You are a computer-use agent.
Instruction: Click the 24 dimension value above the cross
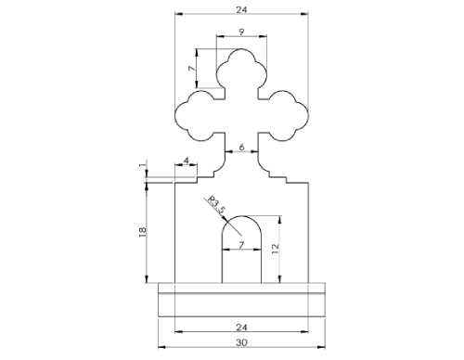pos(241,9)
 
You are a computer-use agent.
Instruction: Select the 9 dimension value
pos(241,32)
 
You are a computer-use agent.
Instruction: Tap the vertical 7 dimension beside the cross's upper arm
pos(191,70)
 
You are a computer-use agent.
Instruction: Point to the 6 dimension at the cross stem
pos(241,148)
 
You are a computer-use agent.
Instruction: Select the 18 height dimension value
pos(142,233)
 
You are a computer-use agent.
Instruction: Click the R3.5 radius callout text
pos(214,203)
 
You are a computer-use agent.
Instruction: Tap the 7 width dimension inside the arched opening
pos(241,244)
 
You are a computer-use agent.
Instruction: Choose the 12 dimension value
pos(275,248)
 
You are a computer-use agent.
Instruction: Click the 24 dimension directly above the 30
pos(241,326)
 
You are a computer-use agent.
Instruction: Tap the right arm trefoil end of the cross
pos(290,112)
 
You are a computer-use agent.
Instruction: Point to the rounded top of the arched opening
pos(241,223)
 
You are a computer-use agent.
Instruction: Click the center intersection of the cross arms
pos(241,111)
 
